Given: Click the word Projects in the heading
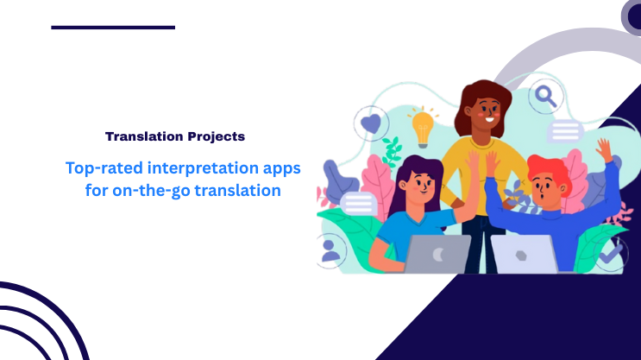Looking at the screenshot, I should tap(215, 136).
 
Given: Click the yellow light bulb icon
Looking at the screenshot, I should tap(422, 128).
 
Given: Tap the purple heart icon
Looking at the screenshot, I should tap(371, 123).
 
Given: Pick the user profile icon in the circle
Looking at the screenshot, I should tap(331, 250).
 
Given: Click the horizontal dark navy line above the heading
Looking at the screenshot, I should tap(113, 28).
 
